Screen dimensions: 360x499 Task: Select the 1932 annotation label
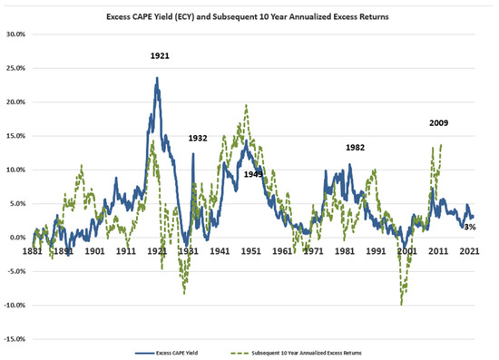198,138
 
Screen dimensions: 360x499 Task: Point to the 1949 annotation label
254,174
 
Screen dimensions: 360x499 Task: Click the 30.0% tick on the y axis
16,34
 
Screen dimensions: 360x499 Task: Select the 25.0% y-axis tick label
16,68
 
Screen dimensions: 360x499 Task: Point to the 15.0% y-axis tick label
16,136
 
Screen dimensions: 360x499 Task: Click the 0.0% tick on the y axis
18,238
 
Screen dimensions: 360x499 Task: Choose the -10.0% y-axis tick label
15,306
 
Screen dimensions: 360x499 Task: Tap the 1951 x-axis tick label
251,251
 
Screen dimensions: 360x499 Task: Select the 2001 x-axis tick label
407,251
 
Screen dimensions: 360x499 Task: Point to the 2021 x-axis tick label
469,251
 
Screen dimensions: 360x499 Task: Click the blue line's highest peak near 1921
157,79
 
